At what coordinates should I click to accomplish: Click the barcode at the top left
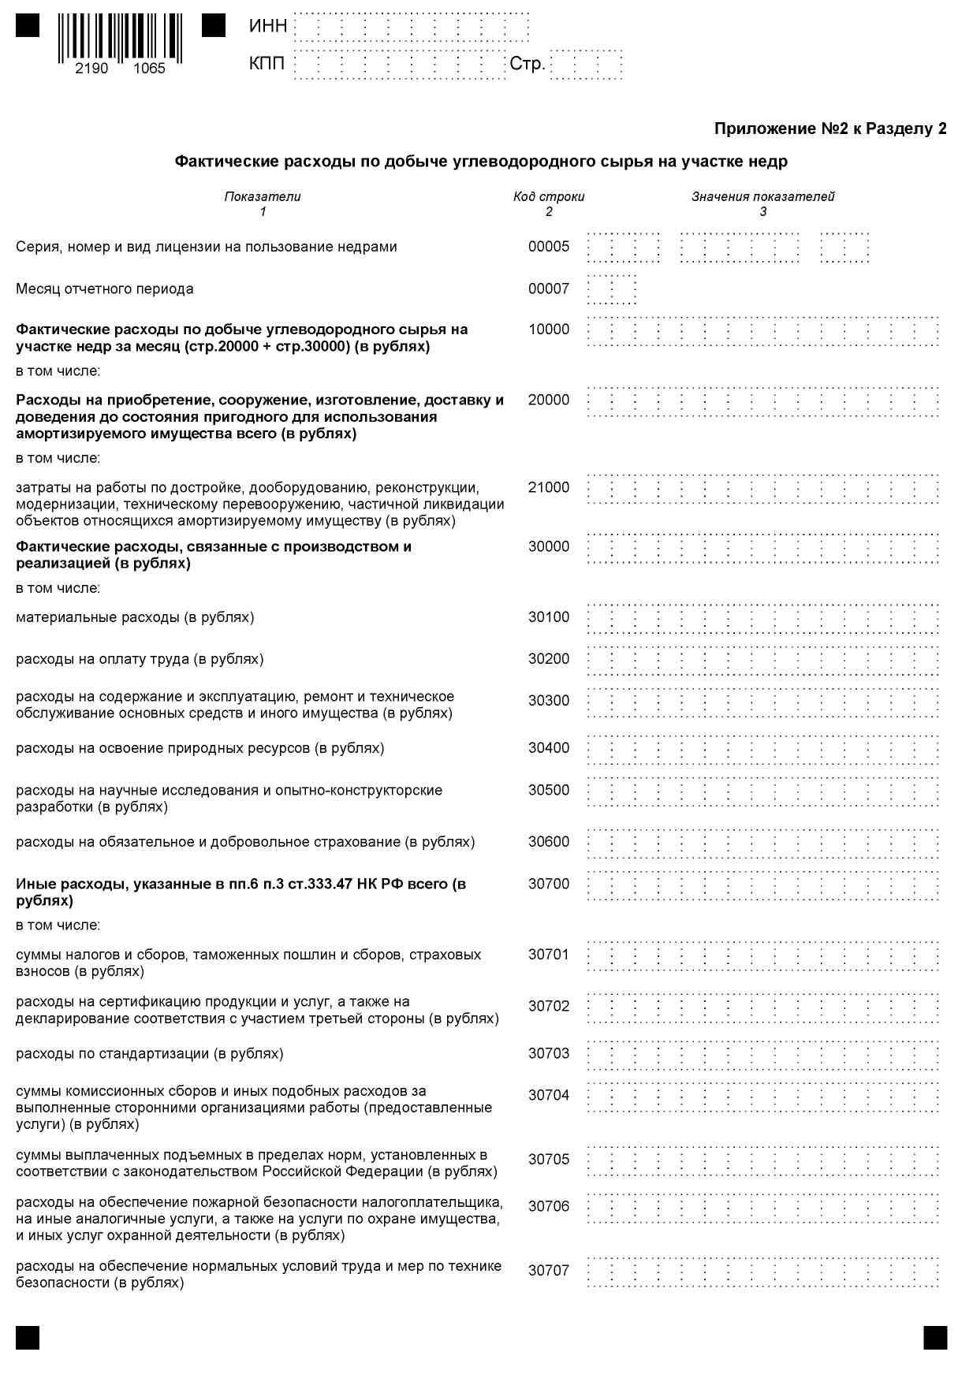tap(120, 37)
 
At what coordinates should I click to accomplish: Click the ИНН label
tap(268, 26)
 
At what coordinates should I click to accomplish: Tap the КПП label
tap(267, 63)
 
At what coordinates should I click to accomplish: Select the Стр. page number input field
tap(586, 65)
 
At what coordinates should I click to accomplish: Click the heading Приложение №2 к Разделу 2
tap(829, 128)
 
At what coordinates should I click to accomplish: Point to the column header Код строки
tap(549, 196)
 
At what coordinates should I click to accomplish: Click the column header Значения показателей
tap(762, 196)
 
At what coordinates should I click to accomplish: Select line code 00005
tap(549, 247)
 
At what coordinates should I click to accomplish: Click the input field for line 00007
tap(612, 289)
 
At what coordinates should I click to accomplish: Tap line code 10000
tap(549, 330)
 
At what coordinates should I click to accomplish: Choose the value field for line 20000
tap(762, 401)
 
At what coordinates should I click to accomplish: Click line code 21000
tap(549, 487)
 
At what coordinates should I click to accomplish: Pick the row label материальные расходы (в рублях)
tap(135, 617)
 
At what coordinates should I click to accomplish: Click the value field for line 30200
tap(762, 660)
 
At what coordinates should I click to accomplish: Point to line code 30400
tap(549, 748)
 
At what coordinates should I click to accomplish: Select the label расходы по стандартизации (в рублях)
tap(150, 1054)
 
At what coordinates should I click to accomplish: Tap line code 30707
tap(549, 1270)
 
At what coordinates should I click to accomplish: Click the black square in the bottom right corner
tap(935, 1338)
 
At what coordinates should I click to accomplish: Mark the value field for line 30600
tap(762, 843)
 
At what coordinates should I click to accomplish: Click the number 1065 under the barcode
tap(149, 69)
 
